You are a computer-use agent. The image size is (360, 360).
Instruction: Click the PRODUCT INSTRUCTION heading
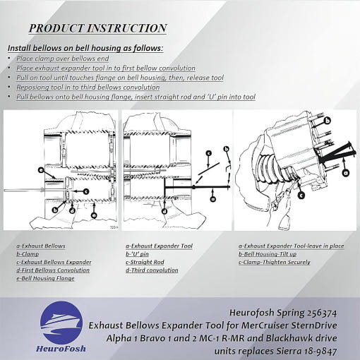(x=97, y=28)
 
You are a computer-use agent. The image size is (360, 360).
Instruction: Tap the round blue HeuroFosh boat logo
(x=61, y=322)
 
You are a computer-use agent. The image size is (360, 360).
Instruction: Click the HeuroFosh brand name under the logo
(x=61, y=349)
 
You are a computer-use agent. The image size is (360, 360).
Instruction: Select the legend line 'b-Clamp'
(x=28, y=254)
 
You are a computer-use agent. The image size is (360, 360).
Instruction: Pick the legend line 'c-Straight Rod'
(x=145, y=262)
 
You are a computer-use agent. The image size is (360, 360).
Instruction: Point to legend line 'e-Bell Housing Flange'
(x=45, y=278)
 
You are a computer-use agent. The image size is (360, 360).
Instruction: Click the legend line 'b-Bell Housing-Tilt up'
(x=268, y=254)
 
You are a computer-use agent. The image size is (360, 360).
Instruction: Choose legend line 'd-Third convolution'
(x=152, y=270)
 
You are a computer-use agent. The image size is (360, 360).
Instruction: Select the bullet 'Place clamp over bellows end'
(x=63, y=59)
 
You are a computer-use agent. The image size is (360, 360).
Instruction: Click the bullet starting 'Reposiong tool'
(x=88, y=88)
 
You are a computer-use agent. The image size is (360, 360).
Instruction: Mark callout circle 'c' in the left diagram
(x=86, y=191)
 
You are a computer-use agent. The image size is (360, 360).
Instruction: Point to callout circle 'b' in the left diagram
(x=55, y=210)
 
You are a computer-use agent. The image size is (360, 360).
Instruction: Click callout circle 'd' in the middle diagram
(x=164, y=211)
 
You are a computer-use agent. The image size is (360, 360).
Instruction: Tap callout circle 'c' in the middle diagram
(x=209, y=153)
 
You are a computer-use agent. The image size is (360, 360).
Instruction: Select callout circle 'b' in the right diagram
(x=328, y=121)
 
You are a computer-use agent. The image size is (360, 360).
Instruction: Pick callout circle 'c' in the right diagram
(x=301, y=195)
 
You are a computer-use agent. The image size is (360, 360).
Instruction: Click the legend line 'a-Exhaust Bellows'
(x=41, y=246)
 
